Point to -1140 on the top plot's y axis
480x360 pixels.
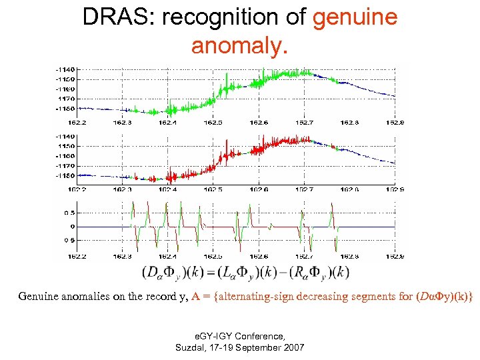click(x=65, y=69)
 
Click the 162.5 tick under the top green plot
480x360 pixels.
click(x=213, y=123)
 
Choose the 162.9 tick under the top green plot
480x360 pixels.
click(x=396, y=123)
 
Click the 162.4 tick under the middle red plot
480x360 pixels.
click(x=167, y=189)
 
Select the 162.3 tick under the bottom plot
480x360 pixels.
click(x=122, y=256)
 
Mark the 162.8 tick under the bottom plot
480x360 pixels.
click(x=349, y=256)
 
